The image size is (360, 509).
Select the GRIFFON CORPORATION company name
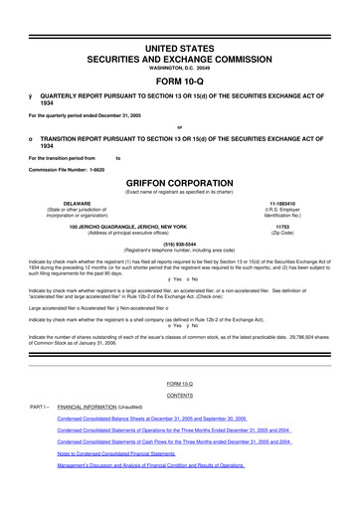tap(180, 184)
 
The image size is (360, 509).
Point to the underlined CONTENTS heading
tap(180, 394)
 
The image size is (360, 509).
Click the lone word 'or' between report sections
tap(179, 126)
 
